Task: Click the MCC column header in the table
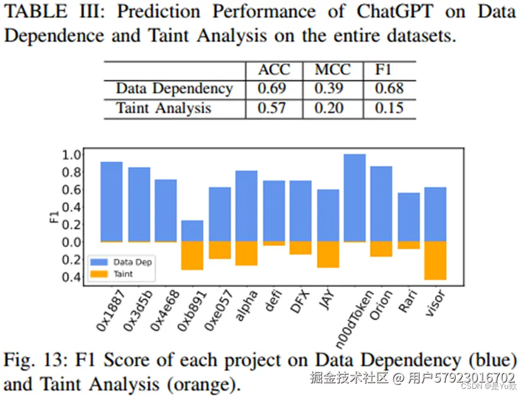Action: (x=332, y=70)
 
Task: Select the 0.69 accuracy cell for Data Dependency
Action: (x=272, y=89)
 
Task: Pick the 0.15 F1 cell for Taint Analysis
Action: (x=389, y=108)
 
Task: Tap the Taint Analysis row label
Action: (x=164, y=108)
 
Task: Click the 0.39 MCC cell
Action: (x=332, y=89)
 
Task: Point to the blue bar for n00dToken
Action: (x=355, y=198)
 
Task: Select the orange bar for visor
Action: (x=435, y=260)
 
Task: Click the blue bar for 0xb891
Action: (x=192, y=231)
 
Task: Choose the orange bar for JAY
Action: (x=328, y=254)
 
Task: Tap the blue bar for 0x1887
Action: (x=112, y=201)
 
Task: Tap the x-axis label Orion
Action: (x=381, y=306)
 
